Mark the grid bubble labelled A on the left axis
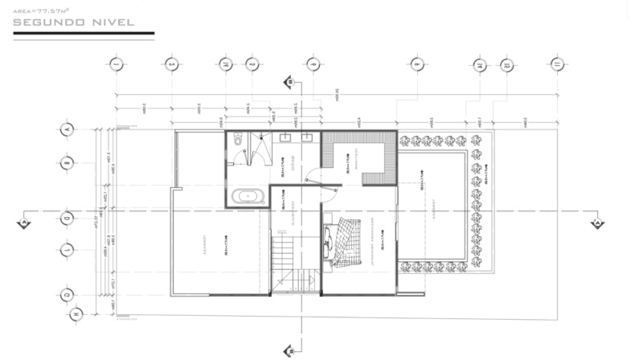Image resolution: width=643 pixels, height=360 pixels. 68,129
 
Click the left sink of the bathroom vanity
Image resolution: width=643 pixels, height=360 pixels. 287,137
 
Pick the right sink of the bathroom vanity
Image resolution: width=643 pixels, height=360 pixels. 307,137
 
